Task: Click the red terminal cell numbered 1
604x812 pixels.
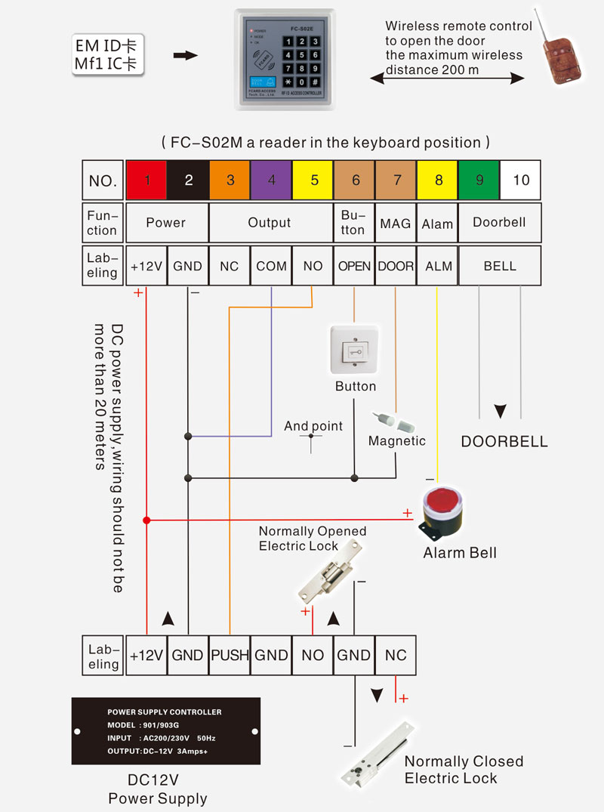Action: point(146,180)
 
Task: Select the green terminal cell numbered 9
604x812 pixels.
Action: point(479,180)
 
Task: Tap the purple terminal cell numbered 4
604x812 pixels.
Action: point(271,180)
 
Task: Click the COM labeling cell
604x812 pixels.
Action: point(271,266)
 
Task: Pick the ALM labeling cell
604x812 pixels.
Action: point(438,266)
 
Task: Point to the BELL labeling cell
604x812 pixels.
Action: point(500,266)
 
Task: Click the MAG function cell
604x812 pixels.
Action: point(396,223)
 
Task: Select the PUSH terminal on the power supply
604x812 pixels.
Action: point(230,655)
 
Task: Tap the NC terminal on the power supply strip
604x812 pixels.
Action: point(396,655)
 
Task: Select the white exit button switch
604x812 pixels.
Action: point(355,350)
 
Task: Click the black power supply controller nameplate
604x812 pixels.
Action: point(165,732)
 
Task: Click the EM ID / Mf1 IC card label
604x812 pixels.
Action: point(108,54)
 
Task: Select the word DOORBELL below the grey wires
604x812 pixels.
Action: point(504,442)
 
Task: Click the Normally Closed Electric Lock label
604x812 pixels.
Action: point(464,770)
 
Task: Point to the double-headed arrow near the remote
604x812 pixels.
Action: point(447,78)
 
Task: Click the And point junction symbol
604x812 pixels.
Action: point(311,442)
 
